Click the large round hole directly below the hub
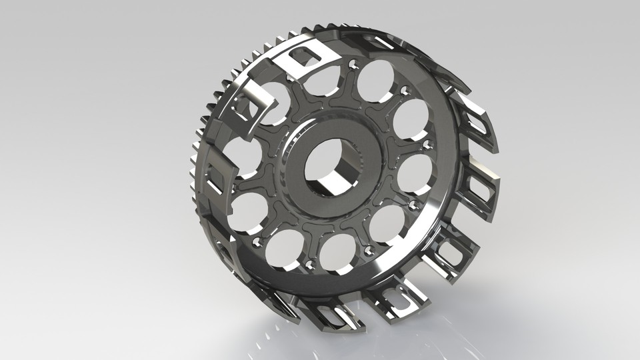pyautogui.click(x=338, y=254)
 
